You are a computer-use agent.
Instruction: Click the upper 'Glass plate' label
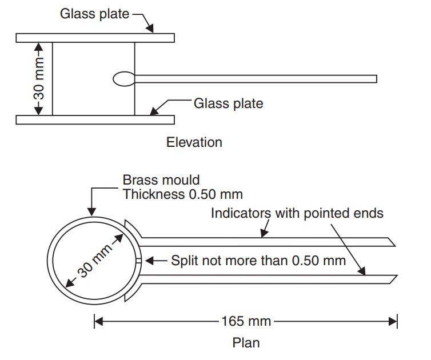[x=95, y=13]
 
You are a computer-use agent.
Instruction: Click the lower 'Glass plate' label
[x=229, y=103]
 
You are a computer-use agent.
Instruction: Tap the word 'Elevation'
[x=194, y=142]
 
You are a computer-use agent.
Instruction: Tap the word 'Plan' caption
[x=246, y=343]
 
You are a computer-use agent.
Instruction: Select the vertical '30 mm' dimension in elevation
[x=39, y=78]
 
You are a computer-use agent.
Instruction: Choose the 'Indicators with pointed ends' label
[x=297, y=213]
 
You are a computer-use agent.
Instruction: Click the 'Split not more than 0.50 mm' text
[x=258, y=261]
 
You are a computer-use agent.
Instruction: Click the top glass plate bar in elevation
[x=95, y=38]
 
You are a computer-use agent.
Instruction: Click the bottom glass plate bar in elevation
[x=95, y=119]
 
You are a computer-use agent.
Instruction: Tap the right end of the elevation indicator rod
[x=375, y=79]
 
